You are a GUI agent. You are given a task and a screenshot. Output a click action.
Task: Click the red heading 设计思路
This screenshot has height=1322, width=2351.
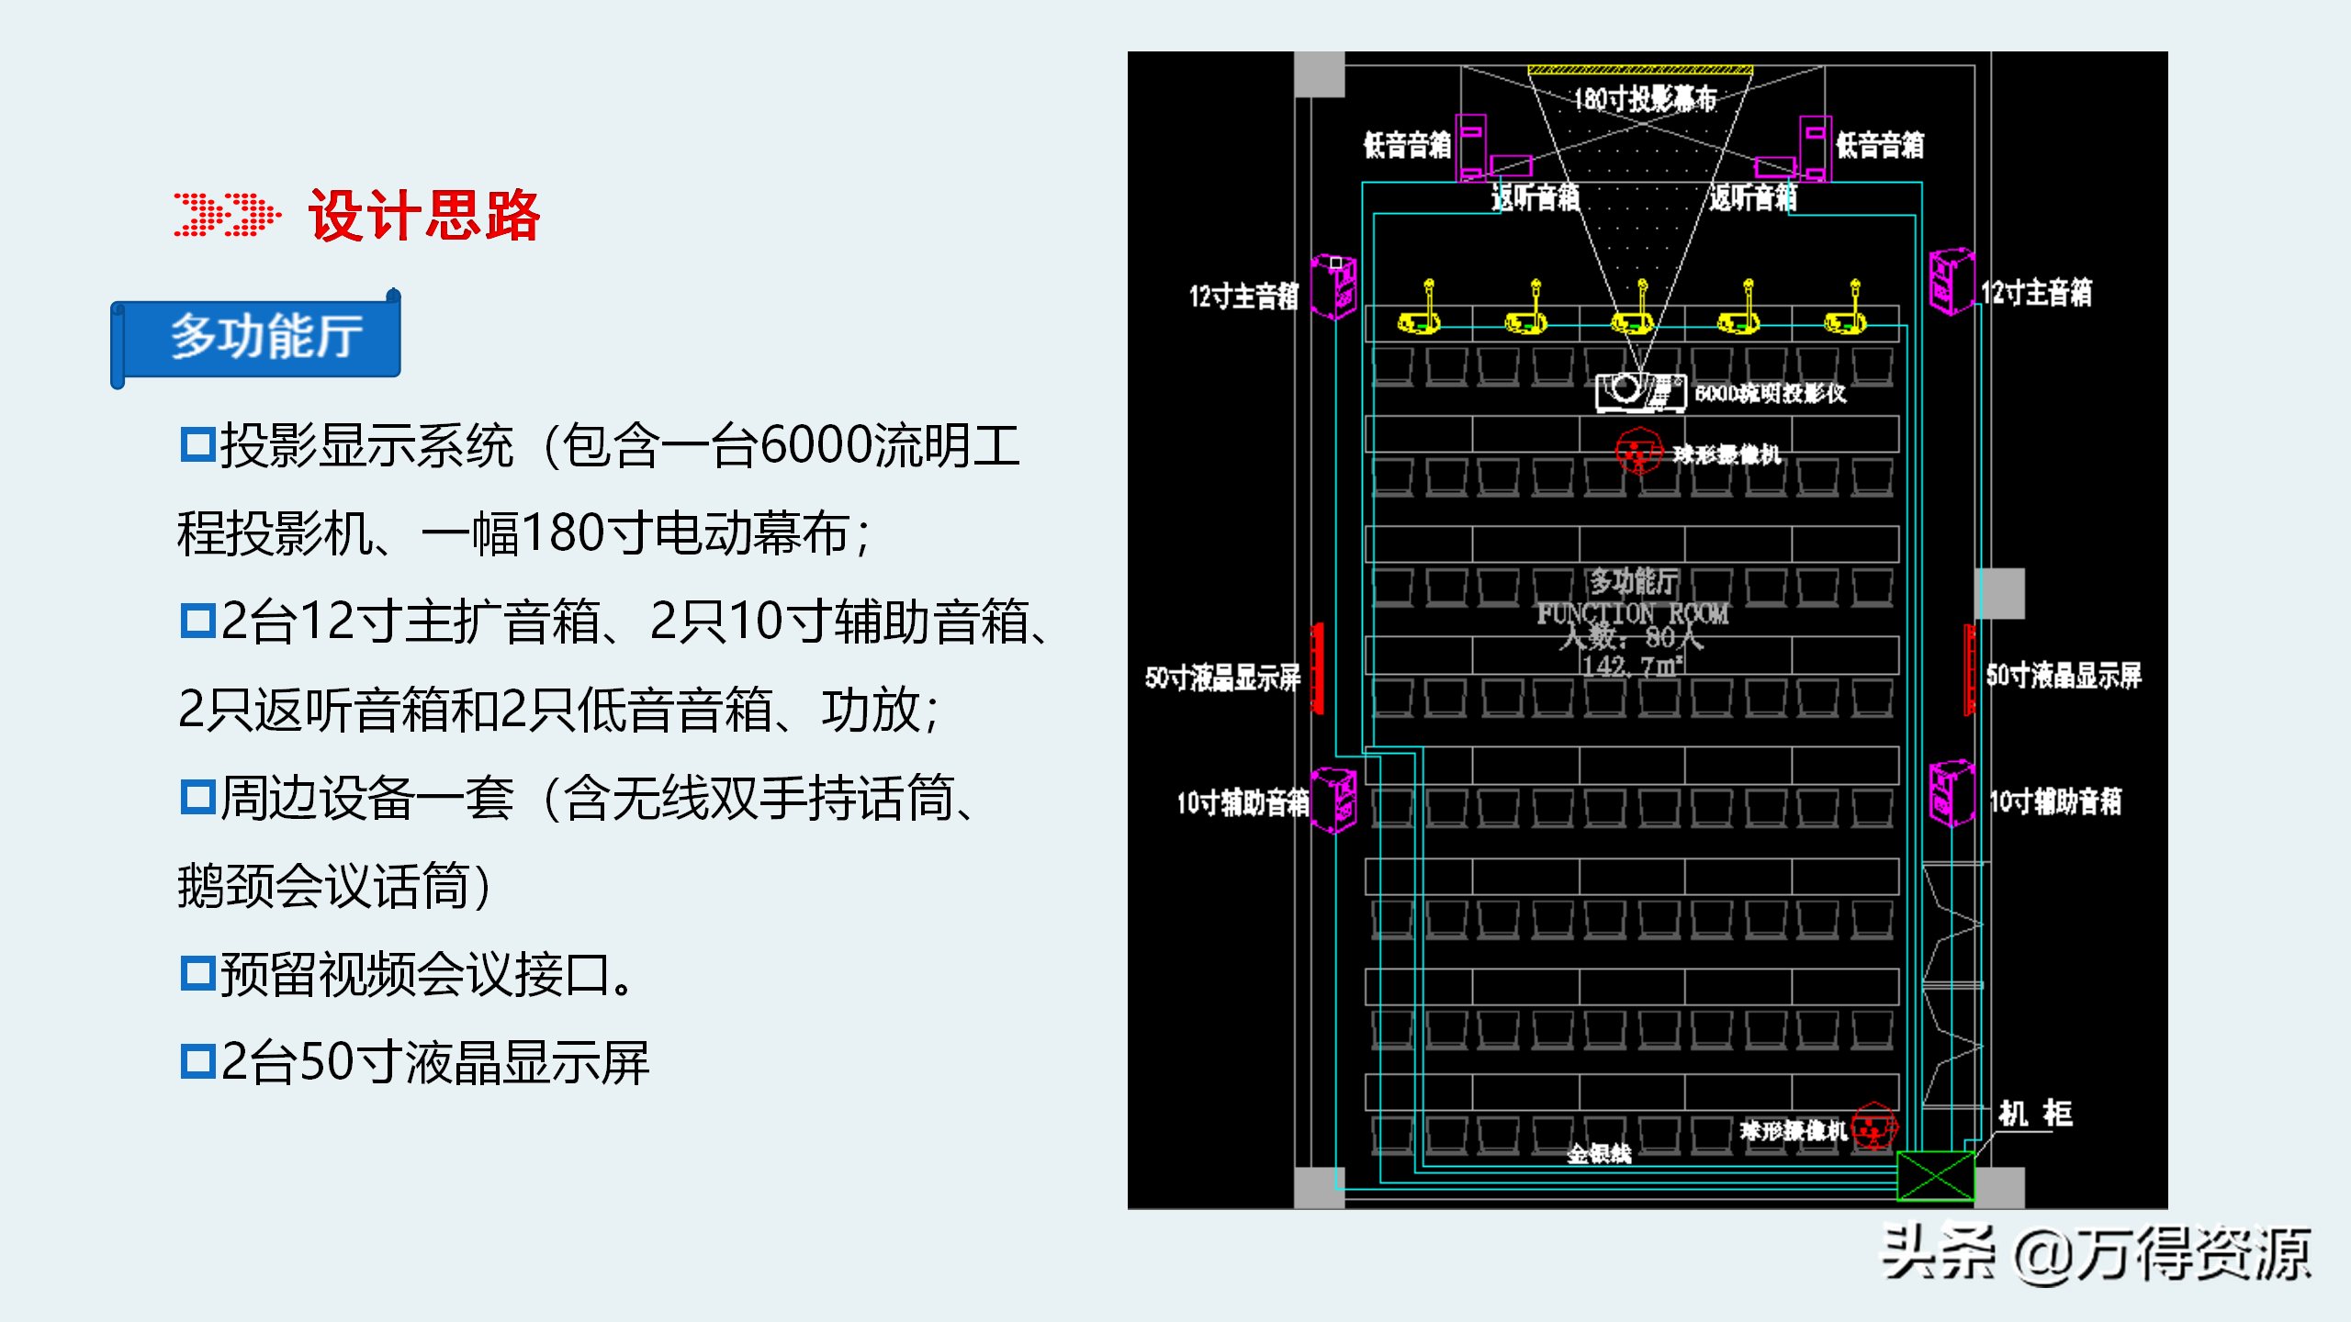(x=424, y=217)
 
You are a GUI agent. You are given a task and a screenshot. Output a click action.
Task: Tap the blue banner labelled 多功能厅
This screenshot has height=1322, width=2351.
(x=265, y=336)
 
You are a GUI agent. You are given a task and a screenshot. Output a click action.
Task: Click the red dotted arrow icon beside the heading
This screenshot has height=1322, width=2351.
(x=227, y=215)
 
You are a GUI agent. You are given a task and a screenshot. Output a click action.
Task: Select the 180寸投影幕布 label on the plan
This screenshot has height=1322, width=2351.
(x=1644, y=98)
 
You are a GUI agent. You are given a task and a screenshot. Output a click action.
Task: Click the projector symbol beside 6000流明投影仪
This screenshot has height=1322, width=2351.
(x=1640, y=391)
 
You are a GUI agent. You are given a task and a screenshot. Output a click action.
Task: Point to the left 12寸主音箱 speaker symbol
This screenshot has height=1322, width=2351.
(x=1333, y=287)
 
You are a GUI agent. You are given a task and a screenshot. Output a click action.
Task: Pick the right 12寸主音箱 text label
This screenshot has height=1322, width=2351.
(x=2036, y=293)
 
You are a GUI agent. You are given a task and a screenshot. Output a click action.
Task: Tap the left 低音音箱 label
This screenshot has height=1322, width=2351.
(x=1406, y=145)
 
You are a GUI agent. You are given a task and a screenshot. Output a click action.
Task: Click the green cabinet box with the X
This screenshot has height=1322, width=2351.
(x=1935, y=1176)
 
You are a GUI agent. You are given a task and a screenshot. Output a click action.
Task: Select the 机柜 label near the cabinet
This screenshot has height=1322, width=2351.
(x=2035, y=1114)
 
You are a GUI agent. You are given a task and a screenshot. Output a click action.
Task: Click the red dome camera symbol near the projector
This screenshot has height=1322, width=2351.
(x=1638, y=452)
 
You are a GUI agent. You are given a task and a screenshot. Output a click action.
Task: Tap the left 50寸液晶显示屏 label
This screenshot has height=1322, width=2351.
(x=1222, y=678)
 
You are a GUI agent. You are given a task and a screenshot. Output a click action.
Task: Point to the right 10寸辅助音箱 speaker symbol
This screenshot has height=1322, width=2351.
(x=1952, y=793)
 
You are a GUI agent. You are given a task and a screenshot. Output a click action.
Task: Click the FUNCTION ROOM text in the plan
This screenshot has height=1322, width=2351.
(x=1633, y=614)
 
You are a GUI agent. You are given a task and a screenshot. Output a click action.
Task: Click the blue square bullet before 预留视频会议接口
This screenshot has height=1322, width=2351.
(x=197, y=973)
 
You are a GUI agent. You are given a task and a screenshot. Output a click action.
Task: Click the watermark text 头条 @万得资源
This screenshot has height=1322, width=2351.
(x=2096, y=1255)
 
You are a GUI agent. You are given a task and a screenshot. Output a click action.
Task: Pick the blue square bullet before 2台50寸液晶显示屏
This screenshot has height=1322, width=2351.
(x=197, y=1061)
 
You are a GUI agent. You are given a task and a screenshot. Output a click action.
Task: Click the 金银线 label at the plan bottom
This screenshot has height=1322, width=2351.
(x=1599, y=1154)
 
